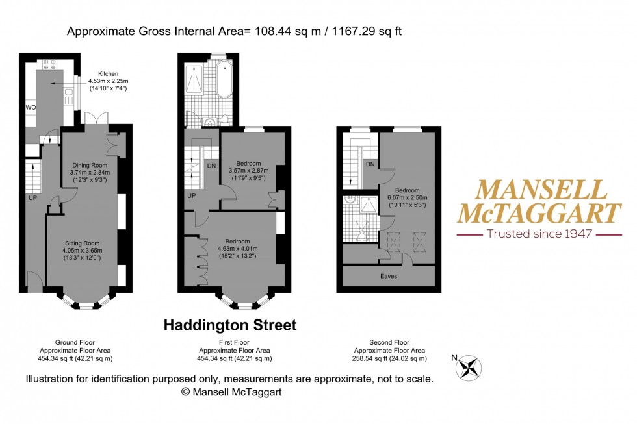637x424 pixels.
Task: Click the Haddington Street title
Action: pos(230,325)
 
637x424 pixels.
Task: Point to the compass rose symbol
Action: pos(469,368)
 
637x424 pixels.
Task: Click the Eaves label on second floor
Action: pos(389,276)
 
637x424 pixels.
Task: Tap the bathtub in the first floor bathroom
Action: pos(224,79)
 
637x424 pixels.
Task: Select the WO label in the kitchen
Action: pos(31,106)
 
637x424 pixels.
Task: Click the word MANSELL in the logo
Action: pos(541,189)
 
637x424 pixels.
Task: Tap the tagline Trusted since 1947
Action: pos(540,233)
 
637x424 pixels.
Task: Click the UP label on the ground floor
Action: pos(31,197)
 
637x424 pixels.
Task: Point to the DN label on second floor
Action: pos(370,164)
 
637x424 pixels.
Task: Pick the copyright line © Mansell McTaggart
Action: pos(231,392)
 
